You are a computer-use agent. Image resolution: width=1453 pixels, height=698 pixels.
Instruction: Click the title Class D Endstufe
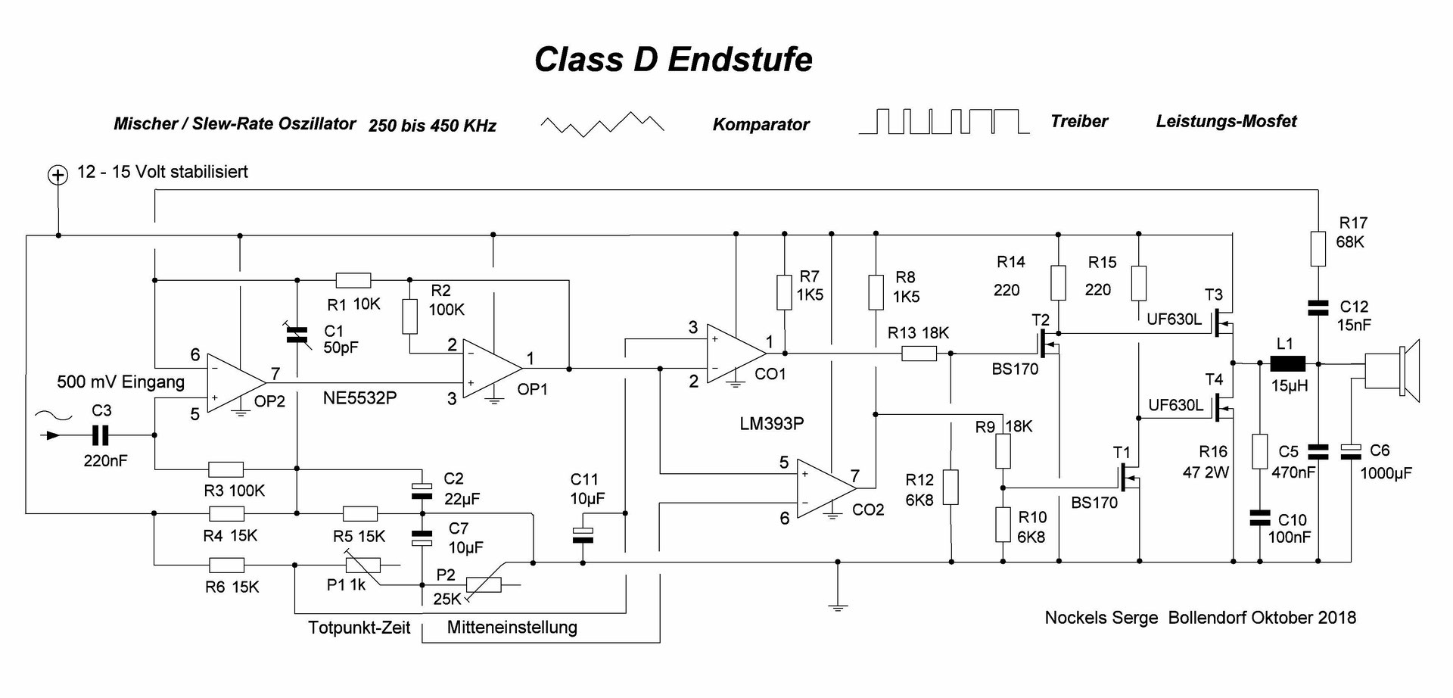click(x=673, y=60)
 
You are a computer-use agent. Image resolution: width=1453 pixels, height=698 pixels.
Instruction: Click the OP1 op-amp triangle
click(x=490, y=368)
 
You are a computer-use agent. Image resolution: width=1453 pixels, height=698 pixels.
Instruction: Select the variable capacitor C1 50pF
click(x=297, y=335)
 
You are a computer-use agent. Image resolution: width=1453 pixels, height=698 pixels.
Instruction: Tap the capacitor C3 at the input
click(x=100, y=435)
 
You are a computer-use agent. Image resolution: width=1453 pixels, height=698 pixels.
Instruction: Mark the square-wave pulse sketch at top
click(x=943, y=122)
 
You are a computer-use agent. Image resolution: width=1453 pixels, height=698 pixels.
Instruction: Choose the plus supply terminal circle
click(x=58, y=176)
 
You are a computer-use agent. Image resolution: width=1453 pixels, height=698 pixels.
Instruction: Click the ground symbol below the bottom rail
click(x=837, y=605)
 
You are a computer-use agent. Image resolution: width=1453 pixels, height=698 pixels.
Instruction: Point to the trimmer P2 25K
click(x=483, y=585)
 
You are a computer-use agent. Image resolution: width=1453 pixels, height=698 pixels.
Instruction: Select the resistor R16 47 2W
click(x=1259, y=451)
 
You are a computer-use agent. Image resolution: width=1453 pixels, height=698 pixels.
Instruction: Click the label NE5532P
click(x=359, y=397)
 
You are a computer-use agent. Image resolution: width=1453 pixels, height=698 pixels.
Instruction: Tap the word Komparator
click(x=761, y=125)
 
